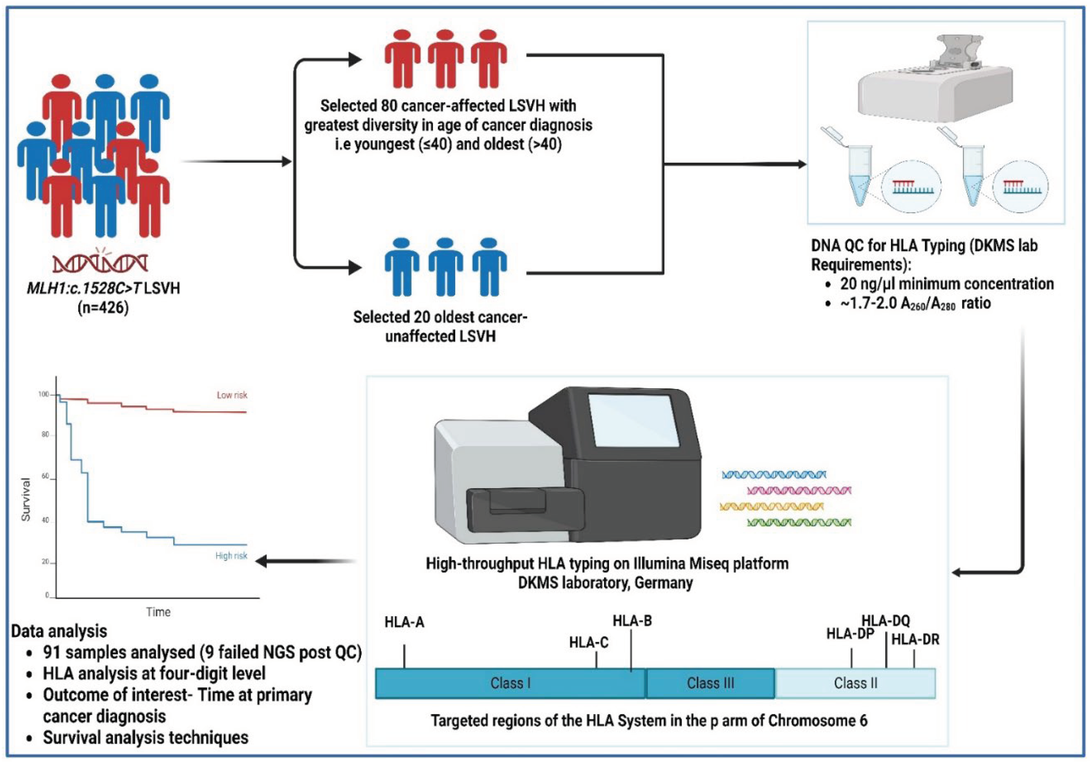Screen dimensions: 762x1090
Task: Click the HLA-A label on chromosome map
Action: click(x=404, y=622)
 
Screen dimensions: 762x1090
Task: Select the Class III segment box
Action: click(x=710, y=683)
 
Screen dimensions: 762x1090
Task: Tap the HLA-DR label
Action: click(x=915, y=640)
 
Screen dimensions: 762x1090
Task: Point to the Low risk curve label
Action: click(x=232, y=395)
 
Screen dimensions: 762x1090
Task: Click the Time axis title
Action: click(x=158, y=612)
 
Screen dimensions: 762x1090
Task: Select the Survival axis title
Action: click(x=26, y=499)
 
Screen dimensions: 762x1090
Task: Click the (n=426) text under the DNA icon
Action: click(x=103, y=308)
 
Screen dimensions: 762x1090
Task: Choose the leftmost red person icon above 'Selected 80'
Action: click(x=402, y=59)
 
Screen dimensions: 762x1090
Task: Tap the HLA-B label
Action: click(x=632, y=621)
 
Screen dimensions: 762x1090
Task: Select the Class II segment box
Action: click(x=855, y=683)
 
